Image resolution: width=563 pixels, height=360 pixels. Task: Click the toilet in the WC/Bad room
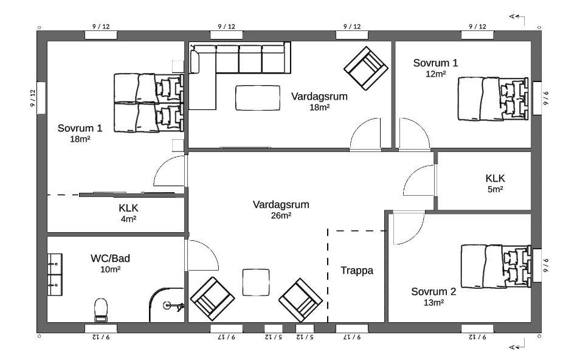coord(101,310)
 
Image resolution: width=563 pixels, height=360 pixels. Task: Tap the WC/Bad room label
coord(110,258)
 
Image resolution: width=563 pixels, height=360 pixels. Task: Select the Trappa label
coord(357,271)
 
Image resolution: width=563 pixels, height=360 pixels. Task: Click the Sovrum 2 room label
coord(433,291)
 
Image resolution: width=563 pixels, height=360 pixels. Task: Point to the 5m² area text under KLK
coord(495,189)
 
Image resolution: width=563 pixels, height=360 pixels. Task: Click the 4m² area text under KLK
coord(128,219)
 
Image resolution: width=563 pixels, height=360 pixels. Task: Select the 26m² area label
coord(281,215)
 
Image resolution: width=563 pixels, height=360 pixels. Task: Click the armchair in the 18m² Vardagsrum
coord(366,68)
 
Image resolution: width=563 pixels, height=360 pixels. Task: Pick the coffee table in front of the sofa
coord(258,98)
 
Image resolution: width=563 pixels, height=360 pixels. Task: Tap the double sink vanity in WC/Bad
coord(55,274)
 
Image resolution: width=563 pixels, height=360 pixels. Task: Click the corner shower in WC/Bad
coord(167,305)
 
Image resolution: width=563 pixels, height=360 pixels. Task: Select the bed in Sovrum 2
coord(496,266)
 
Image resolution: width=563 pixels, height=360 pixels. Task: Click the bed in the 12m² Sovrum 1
coord(493,99)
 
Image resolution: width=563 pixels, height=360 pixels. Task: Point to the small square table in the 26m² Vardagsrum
coord(256,282)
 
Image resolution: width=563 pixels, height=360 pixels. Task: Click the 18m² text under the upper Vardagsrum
coord(320,108)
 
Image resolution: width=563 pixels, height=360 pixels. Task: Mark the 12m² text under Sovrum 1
coord(436,74)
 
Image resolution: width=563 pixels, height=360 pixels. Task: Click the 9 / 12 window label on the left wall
coord(33,98)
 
